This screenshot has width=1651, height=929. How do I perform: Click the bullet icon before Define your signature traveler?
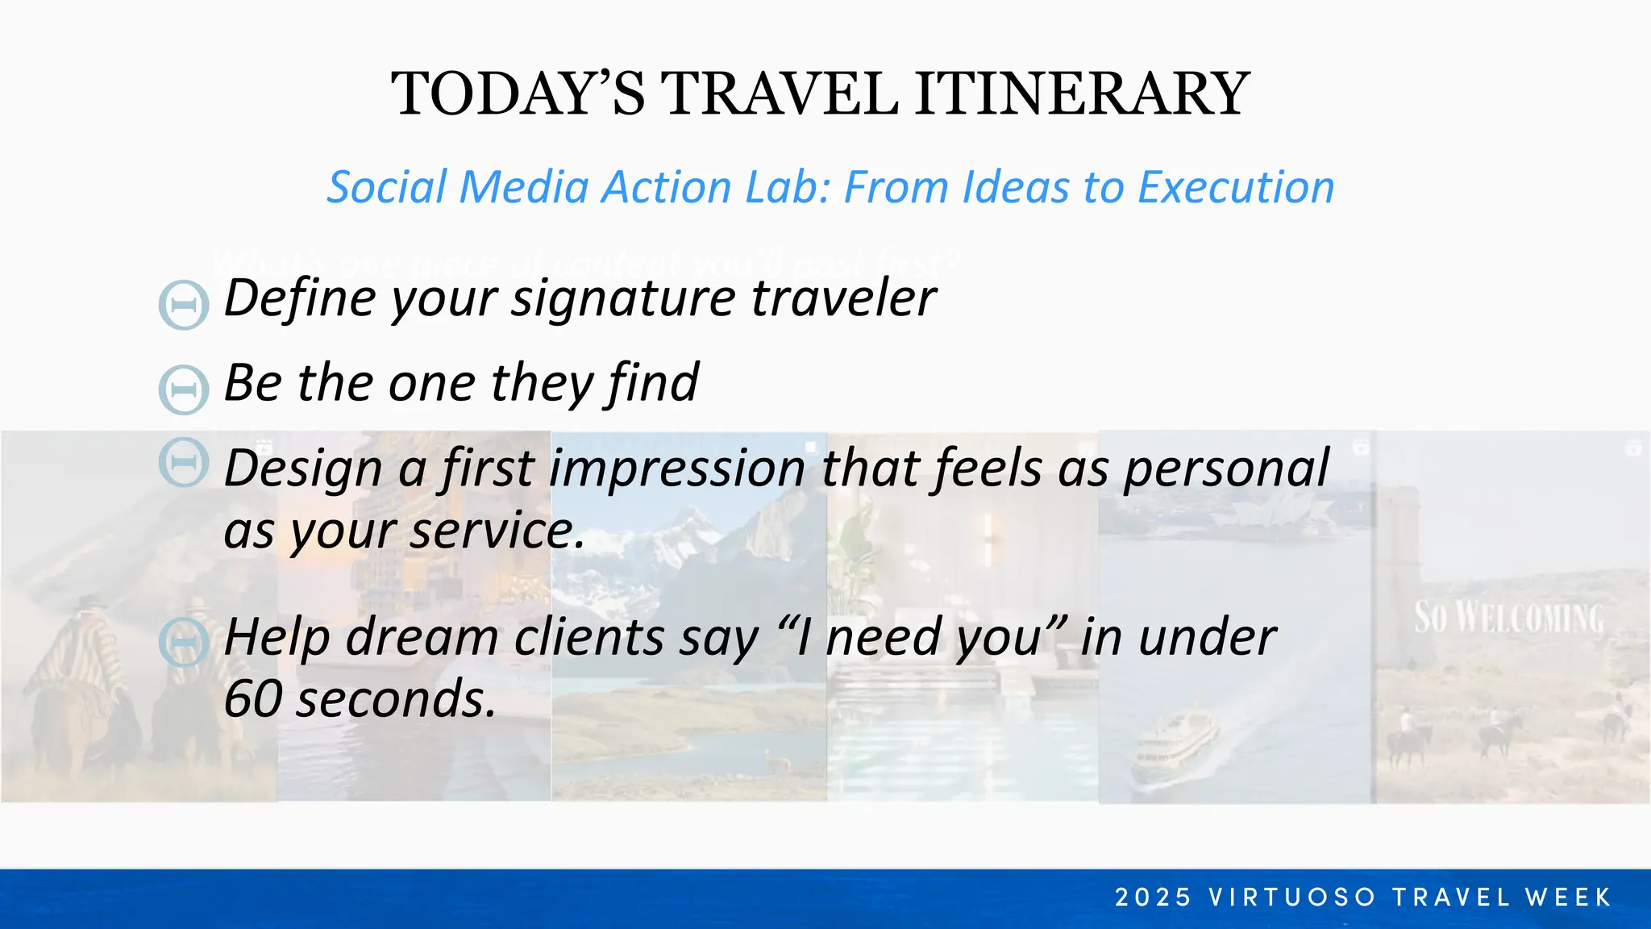point(184,305)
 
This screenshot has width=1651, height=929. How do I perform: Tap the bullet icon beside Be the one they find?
point(184,390)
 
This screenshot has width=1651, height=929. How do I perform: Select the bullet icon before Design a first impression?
point(184,462)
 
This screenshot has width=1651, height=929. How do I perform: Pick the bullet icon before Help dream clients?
point(184,642)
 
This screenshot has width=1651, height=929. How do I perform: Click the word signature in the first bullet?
point(623,298)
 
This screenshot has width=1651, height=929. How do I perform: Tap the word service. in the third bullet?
point(497,531)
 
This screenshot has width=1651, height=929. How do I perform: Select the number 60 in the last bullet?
point(252,698)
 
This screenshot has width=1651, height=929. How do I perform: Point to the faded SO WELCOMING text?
point(1508,618)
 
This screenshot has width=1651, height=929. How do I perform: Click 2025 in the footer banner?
point(1153,897)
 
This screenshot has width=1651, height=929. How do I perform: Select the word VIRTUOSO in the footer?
point(1292,897)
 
